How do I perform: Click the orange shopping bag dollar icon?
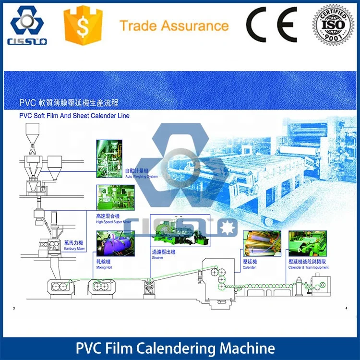pos(83,25)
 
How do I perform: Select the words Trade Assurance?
pos(174,25)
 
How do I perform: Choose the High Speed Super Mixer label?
pos(113,219)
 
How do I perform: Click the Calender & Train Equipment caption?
pos(308,265)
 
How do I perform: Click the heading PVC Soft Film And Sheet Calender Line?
pos(74,116)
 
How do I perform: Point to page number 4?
pos(346,308)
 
